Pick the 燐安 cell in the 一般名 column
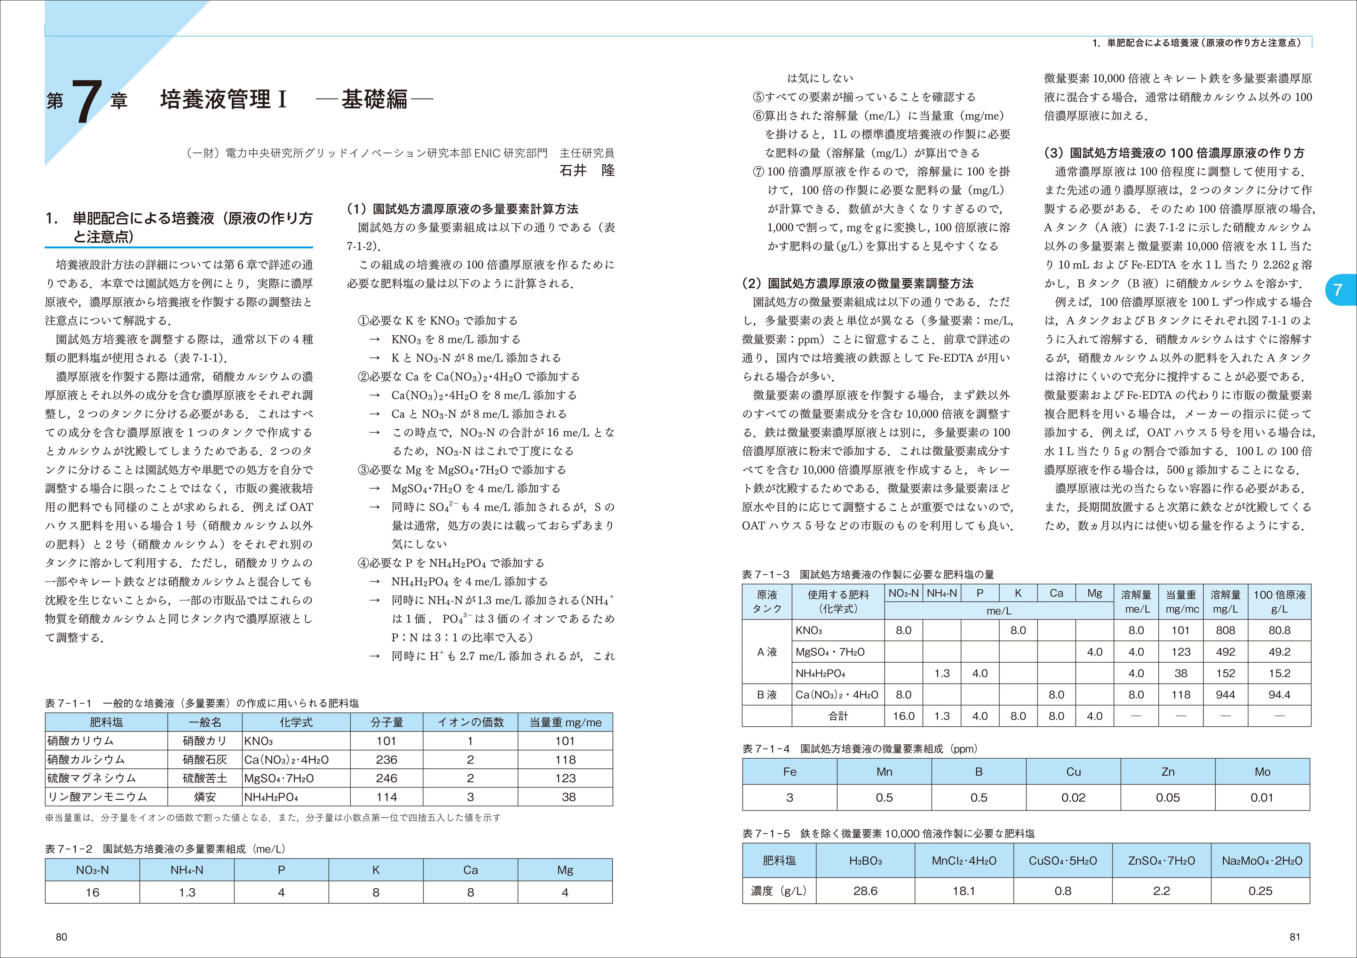205,797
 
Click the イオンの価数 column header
470,722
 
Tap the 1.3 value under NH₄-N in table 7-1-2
187,892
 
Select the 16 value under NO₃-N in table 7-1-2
92,892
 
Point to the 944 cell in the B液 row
1225,694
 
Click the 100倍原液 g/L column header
1279,602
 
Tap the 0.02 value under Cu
1073,797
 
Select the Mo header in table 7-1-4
1262,772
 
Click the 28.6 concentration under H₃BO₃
865,891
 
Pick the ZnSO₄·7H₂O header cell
1161,861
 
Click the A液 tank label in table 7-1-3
767,652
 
